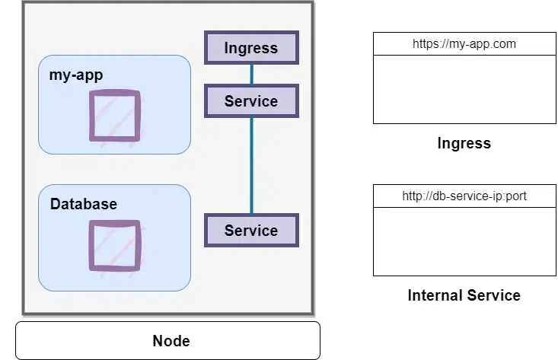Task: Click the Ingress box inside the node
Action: (251, 48)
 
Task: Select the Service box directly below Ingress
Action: (251, 100)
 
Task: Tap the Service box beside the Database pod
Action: (251, 230)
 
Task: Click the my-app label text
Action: (75, 75)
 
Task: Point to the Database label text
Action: (84, 204)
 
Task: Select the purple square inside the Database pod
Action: (114, 245)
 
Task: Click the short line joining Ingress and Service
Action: (251, 74)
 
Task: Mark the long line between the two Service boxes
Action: (251, 165)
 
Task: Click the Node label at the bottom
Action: (171, 340)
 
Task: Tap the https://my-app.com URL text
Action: (464, 43)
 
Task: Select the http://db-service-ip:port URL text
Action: (464, 196)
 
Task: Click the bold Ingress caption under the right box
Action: (464, 143)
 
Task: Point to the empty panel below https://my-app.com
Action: (464, 89)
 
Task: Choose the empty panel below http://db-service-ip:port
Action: (464, 241)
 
